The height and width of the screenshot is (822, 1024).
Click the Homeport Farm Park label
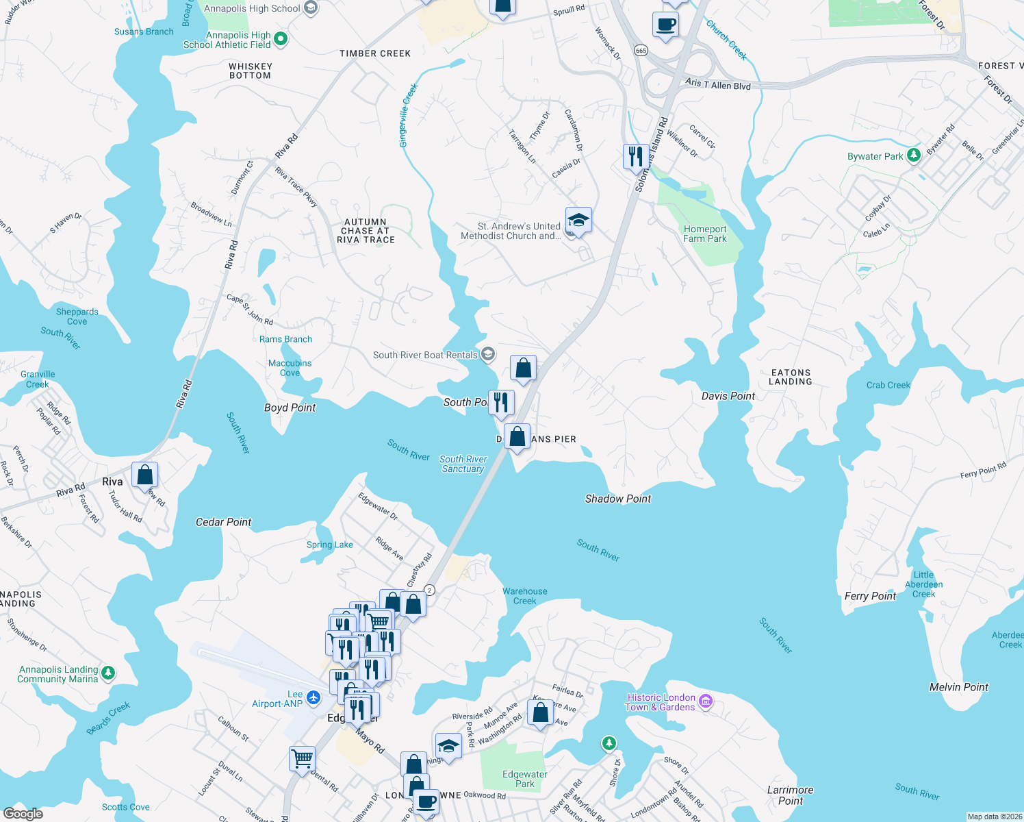pyautogui.click(x=704, y=234)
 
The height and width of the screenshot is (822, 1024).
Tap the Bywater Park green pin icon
pyautogui.click(x=913, y=155)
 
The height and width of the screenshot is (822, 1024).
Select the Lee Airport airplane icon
pyautogui.click(x=313, y=697)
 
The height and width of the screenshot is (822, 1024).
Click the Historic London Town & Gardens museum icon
pyautogui.click(x=706, y=701)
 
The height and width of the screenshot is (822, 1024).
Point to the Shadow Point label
pyautogui.click(x=618, y=499)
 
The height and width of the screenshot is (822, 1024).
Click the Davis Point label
pyautogui.click(x=728, y=396)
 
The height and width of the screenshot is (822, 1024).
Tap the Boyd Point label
pyautogui.click(x=290, y=408)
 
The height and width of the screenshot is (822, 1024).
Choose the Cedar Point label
pyautogui.click(x=223, y=522)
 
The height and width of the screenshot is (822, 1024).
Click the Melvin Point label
pyautogui.click(x=958, y=687)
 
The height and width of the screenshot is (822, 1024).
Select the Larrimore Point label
pyautogui.click(x=790, y=795)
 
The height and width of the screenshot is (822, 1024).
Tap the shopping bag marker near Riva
pyautogui.click(x=145, y=474)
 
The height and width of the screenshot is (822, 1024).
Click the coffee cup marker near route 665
pyautogui.click(x=666, y=25)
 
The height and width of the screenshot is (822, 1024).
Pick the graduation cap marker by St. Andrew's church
pyautogui.click(x=578, y=221)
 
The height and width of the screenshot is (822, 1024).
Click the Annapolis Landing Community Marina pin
pyautogui.click(x=108, y=674)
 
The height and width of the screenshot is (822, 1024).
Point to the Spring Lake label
pyautogui.click(x=329, y=545)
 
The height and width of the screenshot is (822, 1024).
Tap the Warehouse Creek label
pyautogui.click(x=524, y=596)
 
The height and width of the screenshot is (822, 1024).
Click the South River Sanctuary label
pyautogui.click(x=463, y=464)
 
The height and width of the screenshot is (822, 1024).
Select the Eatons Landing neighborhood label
pyautogui.click(x=791, y=377)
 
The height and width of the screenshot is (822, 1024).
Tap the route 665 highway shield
pyautogui.click(x=641, y=50)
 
